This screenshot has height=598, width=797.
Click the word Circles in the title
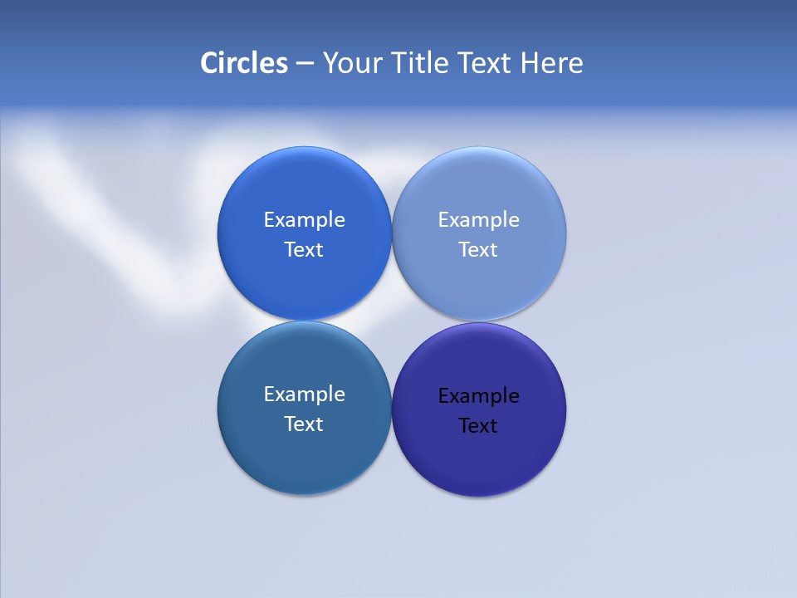[x=243, y=63]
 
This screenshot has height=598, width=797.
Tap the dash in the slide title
[x=305, y=64]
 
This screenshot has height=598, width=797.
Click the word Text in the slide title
[x=486, y=63]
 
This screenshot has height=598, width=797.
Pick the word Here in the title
[x=551, y=63]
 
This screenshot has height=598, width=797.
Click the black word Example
[x=479, y=396]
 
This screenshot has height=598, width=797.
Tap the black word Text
[x=478, y=426]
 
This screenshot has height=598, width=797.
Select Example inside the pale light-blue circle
[x=479, y=220]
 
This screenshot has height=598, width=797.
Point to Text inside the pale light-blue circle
[x=478, y=250]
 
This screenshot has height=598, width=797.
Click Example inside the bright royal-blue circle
[x=304, y=220]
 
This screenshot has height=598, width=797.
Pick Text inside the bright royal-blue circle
[x=304, y=250]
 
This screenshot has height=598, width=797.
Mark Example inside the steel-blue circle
[x=304, y=395]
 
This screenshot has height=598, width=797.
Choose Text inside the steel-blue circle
[x=304, y=424]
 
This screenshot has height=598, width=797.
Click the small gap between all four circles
[x=392, y=321]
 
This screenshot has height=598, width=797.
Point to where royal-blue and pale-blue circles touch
[x=392, y=233]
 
